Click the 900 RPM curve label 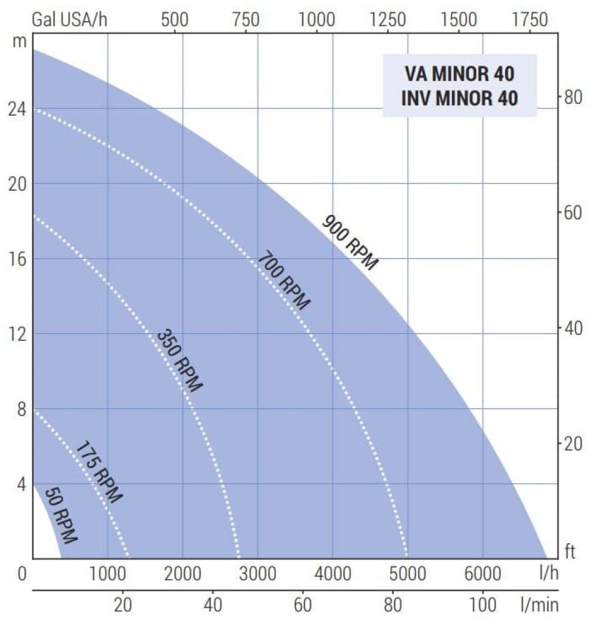tap(350, 242)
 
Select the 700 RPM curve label tap(284, 280)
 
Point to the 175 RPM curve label tap(99, 472)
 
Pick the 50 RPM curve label tap(61, 514)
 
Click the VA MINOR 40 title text tap(459, 74)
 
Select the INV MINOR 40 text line tap(459, 98)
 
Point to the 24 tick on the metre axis tap(16, 109)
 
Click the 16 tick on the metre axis tap(16, 259)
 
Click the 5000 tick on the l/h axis tap(407, 573)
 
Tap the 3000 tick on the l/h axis tap(258, 573)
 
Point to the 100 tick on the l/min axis tap(483, 604)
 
